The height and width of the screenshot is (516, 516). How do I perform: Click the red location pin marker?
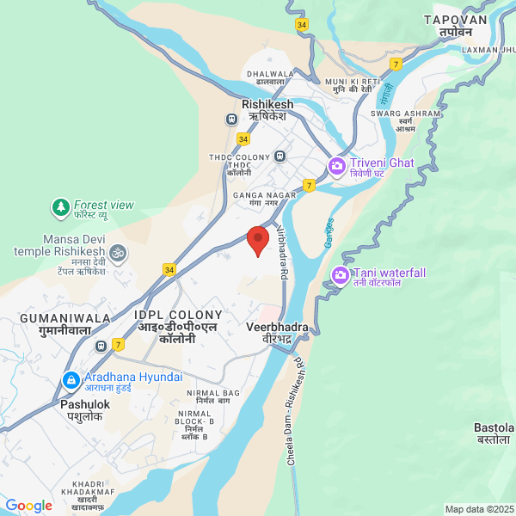coord(257,239)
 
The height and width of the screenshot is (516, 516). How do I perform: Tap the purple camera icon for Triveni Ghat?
coord(336,164)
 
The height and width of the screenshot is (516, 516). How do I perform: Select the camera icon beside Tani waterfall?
coord(340,276)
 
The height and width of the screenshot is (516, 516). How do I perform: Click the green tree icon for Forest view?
coord(59,206)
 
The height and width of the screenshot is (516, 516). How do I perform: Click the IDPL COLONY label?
coord(178,316)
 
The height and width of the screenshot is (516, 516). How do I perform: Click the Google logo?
coord(28,506)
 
